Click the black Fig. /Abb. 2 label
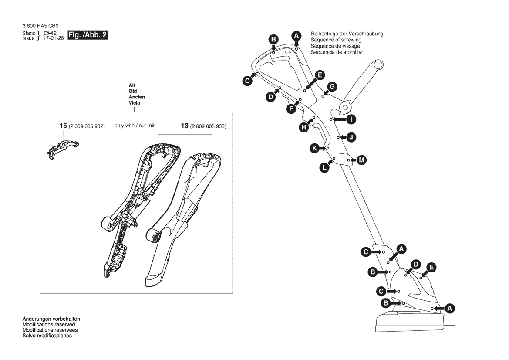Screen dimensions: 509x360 (88, 35)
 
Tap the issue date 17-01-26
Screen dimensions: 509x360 (54, 38)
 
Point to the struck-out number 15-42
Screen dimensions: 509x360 (50, 33)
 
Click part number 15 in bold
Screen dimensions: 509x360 (63, 126)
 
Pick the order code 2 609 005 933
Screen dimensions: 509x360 (208, 126)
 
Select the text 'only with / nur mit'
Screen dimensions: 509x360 (135, 126)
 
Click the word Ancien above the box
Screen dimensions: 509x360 (137, 97)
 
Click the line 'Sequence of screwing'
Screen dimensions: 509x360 (336, 40)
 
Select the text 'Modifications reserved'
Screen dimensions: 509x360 (49, 325)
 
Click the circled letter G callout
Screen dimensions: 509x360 (332, 87)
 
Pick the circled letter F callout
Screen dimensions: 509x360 (291, 109)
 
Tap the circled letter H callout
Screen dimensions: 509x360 (303, 127)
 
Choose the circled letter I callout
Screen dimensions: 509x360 (351, 119)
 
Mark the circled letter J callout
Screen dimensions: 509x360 (351, 137)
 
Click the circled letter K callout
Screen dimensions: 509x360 (314, 149)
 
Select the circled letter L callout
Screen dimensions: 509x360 (324, 168)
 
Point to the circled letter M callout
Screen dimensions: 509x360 (362, 160)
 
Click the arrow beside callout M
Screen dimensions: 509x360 (354, 160)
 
